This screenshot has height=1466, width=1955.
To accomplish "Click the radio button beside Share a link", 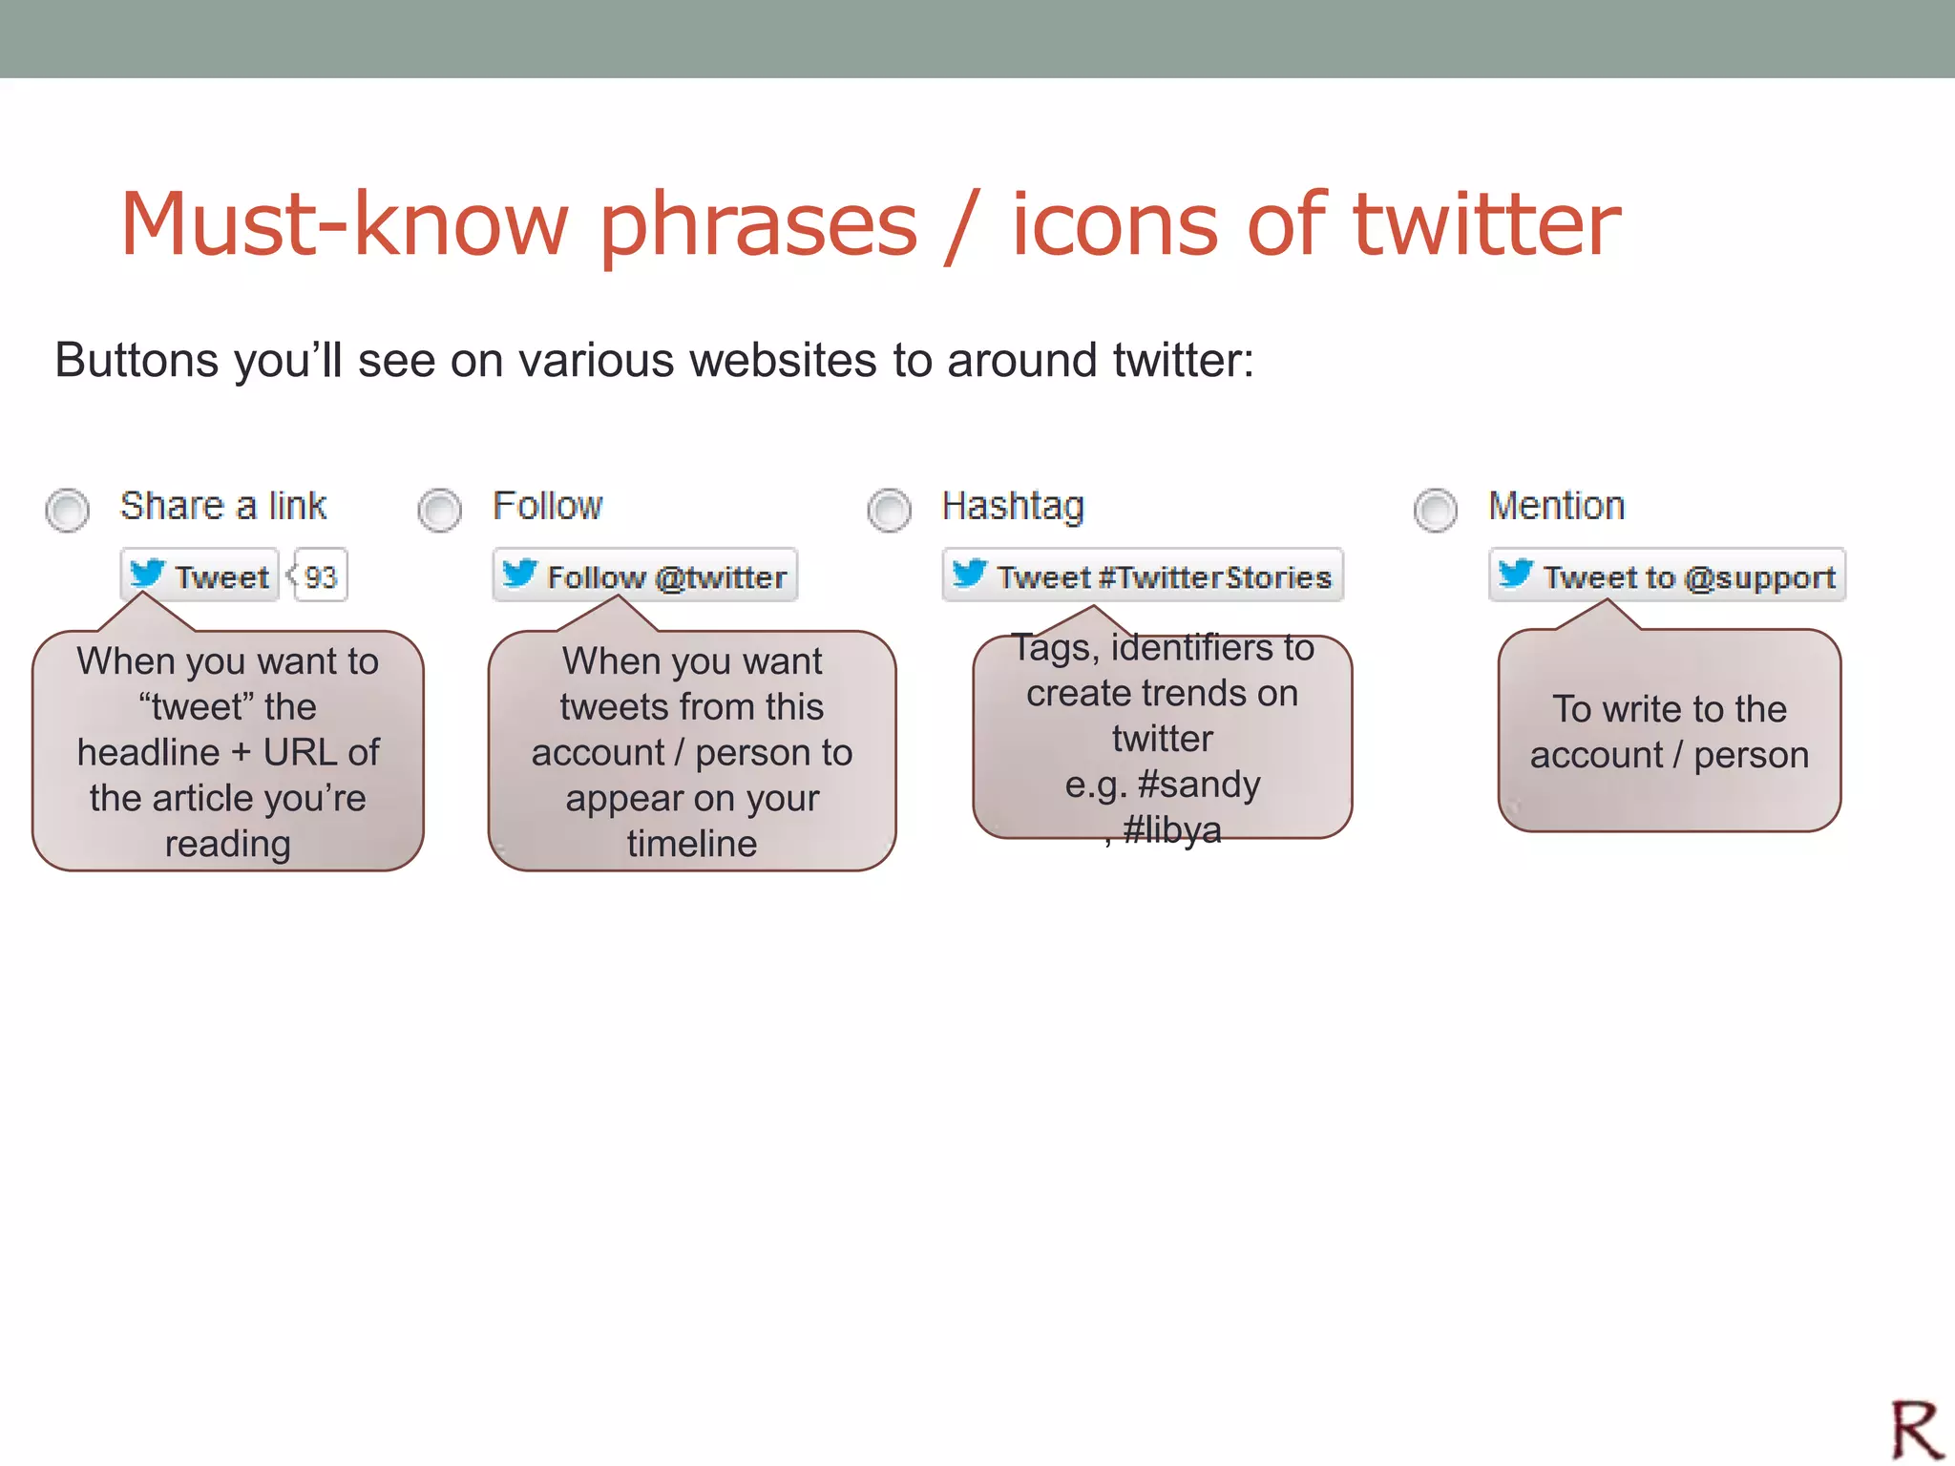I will point(67,510).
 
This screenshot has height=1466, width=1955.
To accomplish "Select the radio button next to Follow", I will point(439,510).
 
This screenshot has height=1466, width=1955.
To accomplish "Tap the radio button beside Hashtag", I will point(889,510).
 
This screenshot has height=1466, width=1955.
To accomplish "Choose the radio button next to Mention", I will point(1435,510).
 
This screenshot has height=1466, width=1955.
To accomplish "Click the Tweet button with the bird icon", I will point(200,576).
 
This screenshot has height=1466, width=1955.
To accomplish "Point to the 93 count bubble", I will point(321,576).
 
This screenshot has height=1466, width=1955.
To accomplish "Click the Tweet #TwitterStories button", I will point(1142,576).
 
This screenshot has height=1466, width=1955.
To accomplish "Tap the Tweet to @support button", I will point(1667,576).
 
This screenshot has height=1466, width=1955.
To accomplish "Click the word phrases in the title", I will point(758,225).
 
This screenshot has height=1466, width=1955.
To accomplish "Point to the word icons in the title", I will point(1114,225).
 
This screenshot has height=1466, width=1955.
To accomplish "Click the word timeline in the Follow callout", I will point(691,843).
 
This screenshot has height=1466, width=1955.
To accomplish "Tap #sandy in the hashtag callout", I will point(1199,784).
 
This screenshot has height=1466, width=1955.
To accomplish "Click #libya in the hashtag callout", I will point(1171,829).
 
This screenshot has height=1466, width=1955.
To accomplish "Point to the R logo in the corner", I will point(1916,1429).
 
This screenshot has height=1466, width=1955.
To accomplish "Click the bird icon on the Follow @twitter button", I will point(520,574).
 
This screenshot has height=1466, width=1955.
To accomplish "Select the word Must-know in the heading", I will point(345,225).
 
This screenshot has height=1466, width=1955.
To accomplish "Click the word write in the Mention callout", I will point(1642,709).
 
